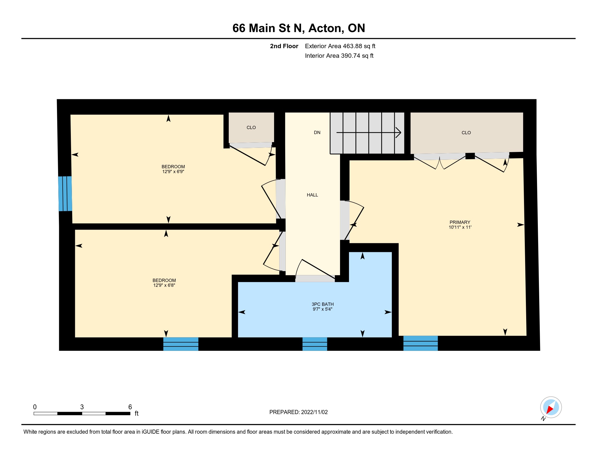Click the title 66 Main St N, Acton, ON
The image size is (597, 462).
point(298,28)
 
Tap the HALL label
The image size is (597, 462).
point(312,195)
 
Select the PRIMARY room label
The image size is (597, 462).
point(460,222)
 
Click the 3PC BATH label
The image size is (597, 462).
point(323,304)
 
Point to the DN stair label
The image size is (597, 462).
point(317,132)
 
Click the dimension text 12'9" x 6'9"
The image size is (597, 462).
point(173,171)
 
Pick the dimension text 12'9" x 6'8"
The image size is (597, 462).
point(164,285)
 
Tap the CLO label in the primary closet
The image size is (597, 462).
point(466,133)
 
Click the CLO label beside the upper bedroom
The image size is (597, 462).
point(251,127)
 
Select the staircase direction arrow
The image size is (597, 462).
point(369,133)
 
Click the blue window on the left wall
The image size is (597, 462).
point(65,193)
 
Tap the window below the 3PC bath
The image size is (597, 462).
point(315,344)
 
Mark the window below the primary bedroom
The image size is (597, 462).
point(420,343)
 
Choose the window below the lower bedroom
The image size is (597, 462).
point(181,344)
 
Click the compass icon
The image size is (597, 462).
point(551,407)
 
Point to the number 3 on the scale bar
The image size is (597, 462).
point(82,407)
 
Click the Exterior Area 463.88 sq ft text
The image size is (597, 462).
point(340,46)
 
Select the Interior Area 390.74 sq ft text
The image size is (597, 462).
point(339,56)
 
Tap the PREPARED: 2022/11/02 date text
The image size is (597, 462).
point(298,412)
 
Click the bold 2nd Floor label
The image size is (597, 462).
point(284,46)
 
